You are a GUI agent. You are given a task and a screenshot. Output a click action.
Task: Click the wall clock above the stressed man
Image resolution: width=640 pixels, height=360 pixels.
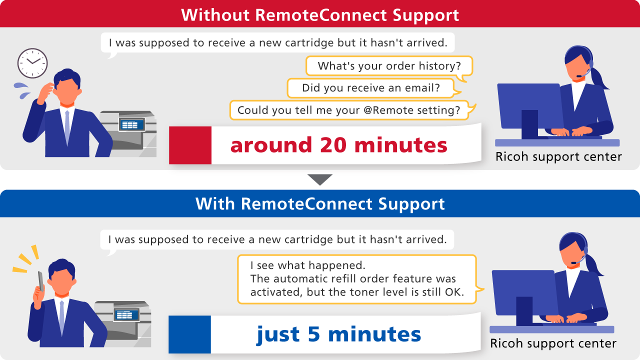click(32, 63)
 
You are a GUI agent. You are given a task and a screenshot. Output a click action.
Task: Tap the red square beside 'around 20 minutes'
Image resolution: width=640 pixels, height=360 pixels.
click(190, 145)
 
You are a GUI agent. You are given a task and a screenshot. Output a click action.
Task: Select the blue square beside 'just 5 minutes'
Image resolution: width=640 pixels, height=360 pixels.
click(189, 334)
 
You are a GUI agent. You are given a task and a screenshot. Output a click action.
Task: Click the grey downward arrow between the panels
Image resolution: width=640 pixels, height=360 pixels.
click(320, 179)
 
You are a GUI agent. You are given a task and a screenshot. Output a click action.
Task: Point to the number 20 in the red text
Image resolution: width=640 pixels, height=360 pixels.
click(333, 145)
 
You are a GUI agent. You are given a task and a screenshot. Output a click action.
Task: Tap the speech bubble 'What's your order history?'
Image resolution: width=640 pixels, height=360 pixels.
click(389, 66)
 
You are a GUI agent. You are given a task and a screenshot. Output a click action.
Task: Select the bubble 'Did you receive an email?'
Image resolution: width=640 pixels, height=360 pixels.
click(371, 88)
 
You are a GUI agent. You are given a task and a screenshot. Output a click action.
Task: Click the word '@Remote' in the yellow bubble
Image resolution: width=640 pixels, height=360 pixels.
click(387, 110)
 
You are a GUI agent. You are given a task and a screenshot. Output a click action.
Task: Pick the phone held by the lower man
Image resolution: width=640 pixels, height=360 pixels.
click(41, 281)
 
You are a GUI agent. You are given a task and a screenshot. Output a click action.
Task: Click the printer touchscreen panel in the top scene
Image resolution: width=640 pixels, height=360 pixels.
click(132, 125)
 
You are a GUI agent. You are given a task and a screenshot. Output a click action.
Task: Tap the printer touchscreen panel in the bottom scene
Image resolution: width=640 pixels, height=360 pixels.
click(126, 315)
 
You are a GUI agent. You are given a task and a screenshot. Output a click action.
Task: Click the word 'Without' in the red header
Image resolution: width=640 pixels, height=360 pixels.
click(215, 15)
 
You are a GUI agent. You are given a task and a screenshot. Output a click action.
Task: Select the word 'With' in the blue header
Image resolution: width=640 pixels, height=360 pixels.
click(215, 203)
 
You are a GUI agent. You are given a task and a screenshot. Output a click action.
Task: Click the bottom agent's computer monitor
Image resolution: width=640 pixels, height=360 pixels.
click(524, 292)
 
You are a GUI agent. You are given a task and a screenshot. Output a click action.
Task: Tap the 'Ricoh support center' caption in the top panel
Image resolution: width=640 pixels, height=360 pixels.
click(558, 156)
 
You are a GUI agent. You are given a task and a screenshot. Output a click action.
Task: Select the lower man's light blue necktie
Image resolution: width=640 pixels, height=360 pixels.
click(61, 317)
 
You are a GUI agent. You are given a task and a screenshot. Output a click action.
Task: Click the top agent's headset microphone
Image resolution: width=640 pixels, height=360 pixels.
click(579, 76)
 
